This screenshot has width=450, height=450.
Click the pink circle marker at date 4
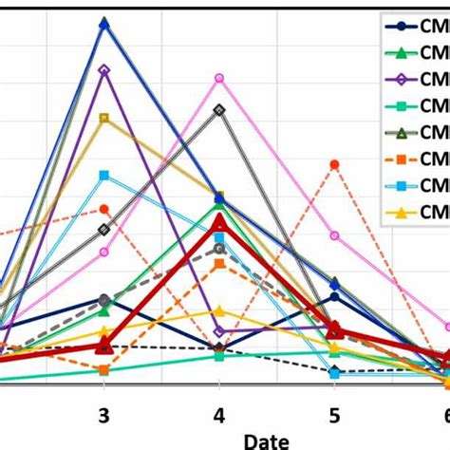tap(219, 78)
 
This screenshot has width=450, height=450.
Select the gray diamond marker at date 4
tap(219, 110)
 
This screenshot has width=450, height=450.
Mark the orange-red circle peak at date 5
tap(334, 164)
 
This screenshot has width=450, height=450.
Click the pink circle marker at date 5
tap(334, 235)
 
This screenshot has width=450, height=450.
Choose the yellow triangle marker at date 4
tap(219, 310)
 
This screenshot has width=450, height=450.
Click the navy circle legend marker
tap(402, 26)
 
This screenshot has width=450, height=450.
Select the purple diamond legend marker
tap(402, 79)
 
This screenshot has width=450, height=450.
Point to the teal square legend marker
tap(402, 105)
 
